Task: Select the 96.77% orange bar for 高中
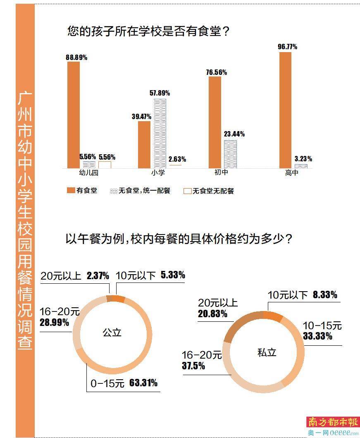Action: coord(285,110)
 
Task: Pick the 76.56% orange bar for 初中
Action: coord(215,122)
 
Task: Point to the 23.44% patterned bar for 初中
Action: coord(231,154)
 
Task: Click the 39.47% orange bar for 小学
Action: coord(144,144)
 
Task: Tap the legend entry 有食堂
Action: coord(82,191)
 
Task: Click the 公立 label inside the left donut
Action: coord(112,332)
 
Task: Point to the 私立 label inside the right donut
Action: coord(267,352)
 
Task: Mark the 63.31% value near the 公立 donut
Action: coord(143,383)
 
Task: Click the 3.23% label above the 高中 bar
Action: coord(303,159)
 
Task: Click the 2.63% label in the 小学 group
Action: coord(177,159)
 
